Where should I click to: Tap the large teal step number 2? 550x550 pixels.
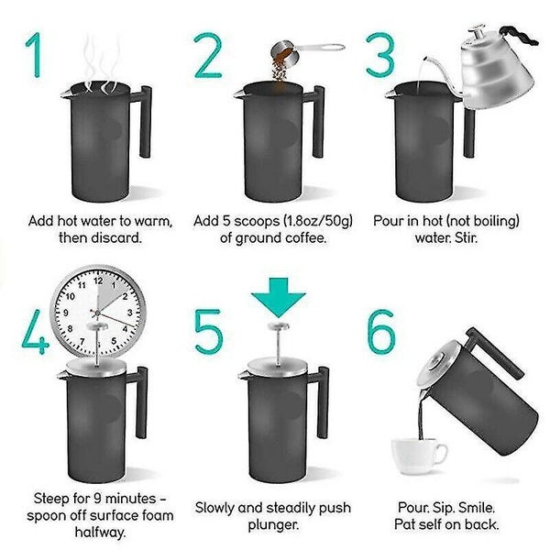tap(208, 55)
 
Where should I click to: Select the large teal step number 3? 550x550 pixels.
tap(380, 54)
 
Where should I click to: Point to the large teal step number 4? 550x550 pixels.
tap(35, 332)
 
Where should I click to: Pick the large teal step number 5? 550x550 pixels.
tap(209, 332)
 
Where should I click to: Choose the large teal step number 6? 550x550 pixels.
tap(381, 332)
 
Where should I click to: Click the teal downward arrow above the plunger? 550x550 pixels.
tap(279, 297)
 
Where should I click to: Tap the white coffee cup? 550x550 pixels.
tap(419, 456)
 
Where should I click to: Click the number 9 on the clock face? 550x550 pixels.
tap(66, 313)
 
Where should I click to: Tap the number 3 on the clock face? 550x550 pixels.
tap(129, 313)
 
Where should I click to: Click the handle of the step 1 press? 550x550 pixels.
tap(145, 121)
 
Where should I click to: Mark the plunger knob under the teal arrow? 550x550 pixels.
tap(279, 326)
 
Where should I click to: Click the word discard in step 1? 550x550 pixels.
tap(116, 237)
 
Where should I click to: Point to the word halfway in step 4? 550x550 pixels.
tap(100, 533)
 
